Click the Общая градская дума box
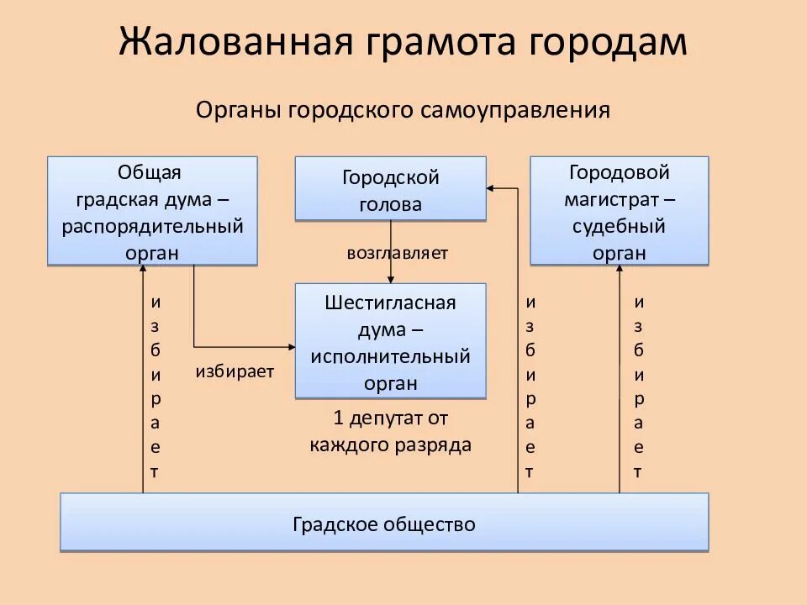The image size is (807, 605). click(x=152, y=211)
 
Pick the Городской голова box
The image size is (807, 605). click(x=390, y=189)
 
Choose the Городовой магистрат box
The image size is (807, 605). click(x=619, y=211)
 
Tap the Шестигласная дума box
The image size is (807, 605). click(x=390, y=340)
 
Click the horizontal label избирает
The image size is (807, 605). click(x=235, y=372)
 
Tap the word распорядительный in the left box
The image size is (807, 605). click(x=152, y=226)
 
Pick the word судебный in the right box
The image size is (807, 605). click(x=619, y=226)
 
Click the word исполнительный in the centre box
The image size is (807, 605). click(x=390, y=355)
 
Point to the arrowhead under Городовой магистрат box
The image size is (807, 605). click(x=620, y=271)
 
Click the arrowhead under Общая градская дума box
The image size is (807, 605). click(x=143, y=271)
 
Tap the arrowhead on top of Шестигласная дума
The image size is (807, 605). click(x=390, y=279)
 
